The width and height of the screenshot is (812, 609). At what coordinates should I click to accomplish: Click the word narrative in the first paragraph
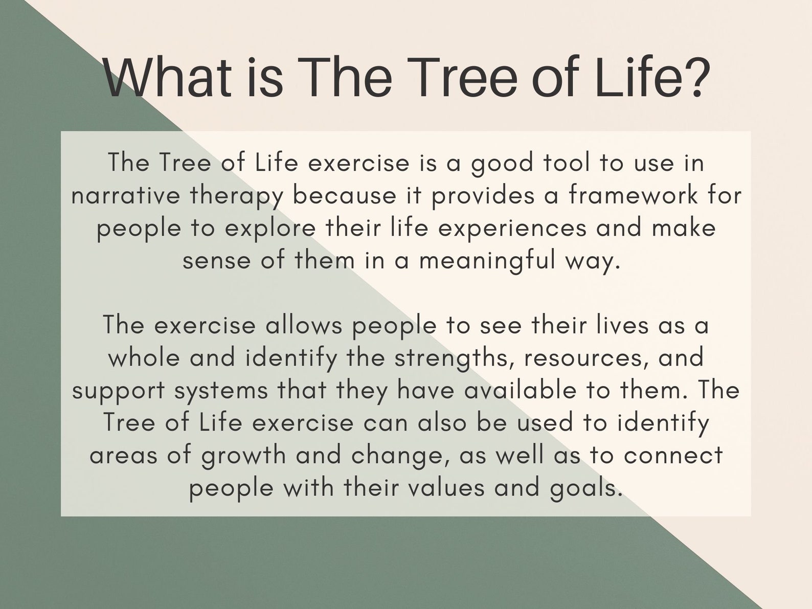126,196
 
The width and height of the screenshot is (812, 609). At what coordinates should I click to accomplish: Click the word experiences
512,229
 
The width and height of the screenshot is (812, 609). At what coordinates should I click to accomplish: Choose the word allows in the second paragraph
303,326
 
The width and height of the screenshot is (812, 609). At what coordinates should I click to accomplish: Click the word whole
144,358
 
